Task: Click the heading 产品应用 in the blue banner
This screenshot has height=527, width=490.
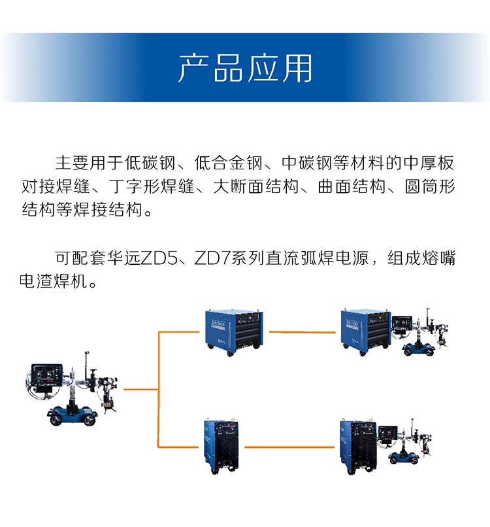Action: tap(245, 68)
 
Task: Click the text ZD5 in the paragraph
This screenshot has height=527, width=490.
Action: tap(159, 258)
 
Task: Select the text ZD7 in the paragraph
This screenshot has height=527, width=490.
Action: tap(212, 258)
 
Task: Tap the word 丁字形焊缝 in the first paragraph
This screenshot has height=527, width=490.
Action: tap(152, 186)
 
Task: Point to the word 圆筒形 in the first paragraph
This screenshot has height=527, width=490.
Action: tap(430, 186)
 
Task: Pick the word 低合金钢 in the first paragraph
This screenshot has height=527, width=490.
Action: tap(229, 163)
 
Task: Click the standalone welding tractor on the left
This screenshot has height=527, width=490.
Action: tap(73, 388)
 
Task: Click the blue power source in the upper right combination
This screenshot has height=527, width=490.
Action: tap(366, 331)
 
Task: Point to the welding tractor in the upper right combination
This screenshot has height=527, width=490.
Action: tap(420, 332)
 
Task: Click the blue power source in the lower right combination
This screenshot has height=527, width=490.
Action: tap(358, 447)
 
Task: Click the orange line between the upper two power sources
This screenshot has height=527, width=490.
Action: tap(302, 332)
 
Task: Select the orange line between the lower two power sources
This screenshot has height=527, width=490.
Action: tap(289, 447)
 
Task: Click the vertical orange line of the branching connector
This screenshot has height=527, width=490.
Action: tap(158, 390)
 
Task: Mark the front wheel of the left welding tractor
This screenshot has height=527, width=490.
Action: tap(57, 418)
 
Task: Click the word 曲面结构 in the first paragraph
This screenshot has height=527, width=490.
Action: tap(351, 186)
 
